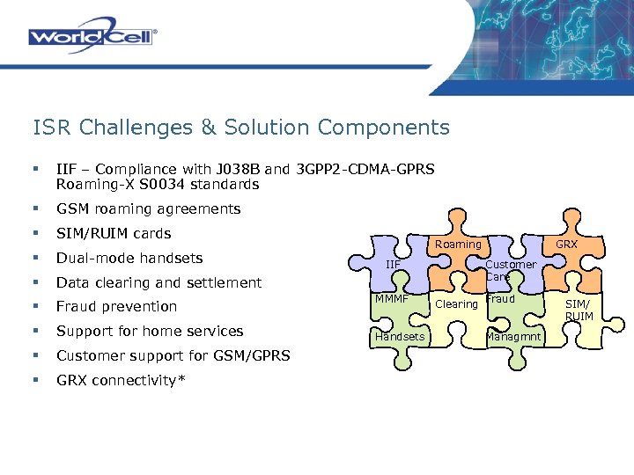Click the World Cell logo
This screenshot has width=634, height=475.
point(92,37)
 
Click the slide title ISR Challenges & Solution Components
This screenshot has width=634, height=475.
point(240,128)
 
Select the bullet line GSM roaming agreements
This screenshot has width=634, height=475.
point(148,209)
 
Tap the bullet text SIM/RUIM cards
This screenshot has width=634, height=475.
point(114,234)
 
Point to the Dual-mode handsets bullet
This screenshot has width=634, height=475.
point(129,259)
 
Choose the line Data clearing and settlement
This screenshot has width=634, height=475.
point(158,282)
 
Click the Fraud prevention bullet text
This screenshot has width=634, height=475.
point(116,307)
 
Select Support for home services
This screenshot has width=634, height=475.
point(149,331)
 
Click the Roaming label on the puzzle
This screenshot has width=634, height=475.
point(459,244)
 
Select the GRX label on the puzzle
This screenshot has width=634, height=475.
point(566,244)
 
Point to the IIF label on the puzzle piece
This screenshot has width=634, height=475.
point(393,264)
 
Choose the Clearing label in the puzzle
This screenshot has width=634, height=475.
point(457,304)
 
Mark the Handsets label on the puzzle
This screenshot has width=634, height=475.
point(400,337)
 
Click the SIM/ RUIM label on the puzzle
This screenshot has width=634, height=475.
point(579,310)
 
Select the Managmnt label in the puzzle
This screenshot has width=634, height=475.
point(512,337)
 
